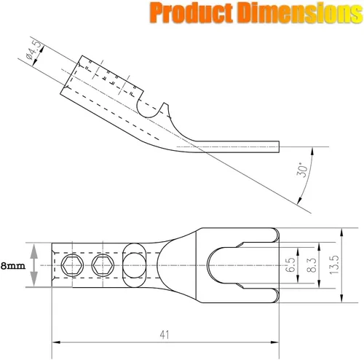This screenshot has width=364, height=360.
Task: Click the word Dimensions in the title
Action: (x=300, y=12)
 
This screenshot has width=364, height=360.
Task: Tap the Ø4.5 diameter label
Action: (x=32, y=50)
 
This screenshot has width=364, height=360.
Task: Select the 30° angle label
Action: (x=302, y=170)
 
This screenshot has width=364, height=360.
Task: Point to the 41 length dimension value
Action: (x=165, y=334)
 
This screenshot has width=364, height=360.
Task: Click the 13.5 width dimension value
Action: (x=334, y=265)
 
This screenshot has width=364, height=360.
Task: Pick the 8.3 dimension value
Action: (x=312, y=265)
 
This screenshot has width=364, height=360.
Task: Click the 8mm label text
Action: (x=13, y=266)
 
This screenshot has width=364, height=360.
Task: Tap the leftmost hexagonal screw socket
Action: (x=73, y=265)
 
